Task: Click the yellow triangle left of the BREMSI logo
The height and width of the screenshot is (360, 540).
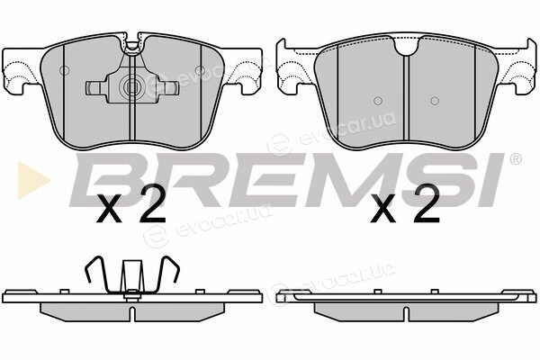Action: (31, 180)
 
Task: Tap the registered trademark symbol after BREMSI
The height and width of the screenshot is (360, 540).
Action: (515, 158)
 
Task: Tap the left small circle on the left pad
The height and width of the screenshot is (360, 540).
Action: (65, 70)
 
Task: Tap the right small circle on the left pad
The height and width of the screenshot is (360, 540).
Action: (200, 70)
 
